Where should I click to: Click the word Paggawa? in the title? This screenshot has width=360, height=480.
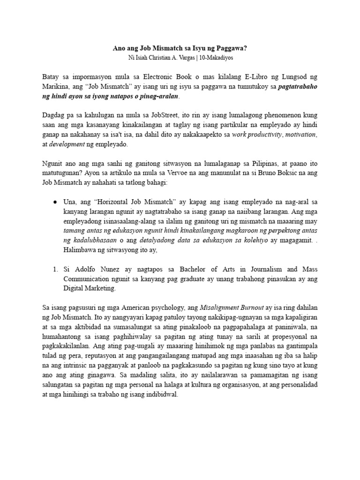[x=229, y=48]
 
